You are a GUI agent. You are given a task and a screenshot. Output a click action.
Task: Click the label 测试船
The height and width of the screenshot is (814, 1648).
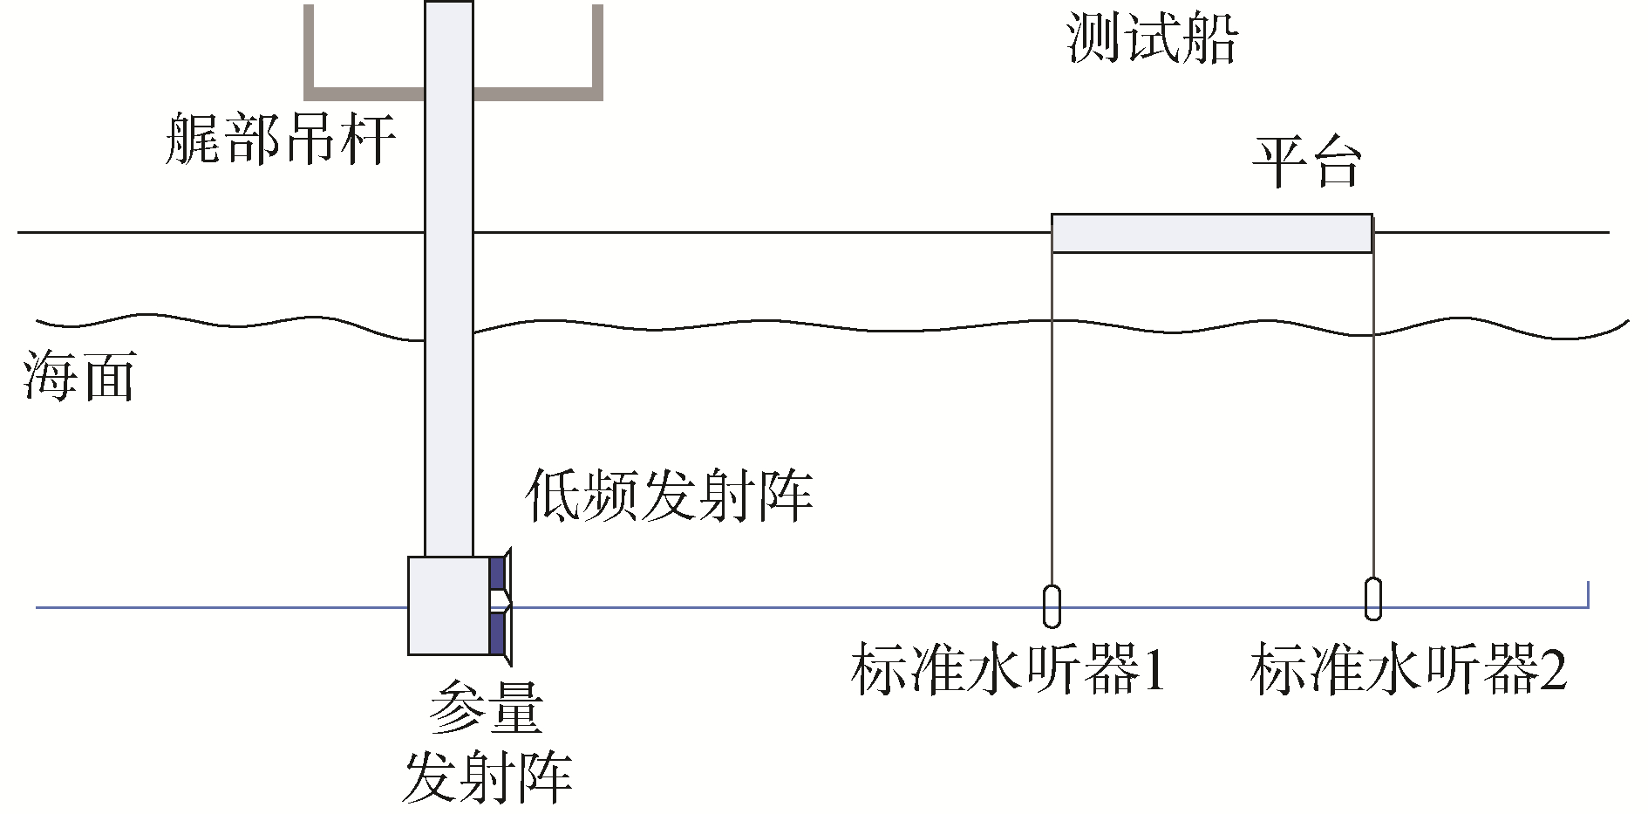(1151, 39)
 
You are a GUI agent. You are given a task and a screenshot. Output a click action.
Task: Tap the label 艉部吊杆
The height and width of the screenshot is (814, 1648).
(281, 140)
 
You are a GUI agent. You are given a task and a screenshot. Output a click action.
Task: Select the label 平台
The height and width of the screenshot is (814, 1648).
(1306, 162)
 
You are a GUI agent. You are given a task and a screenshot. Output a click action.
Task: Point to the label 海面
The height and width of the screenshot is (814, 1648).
(79, 377)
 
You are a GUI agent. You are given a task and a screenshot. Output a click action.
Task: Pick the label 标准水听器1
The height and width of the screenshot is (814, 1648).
(1007, 670)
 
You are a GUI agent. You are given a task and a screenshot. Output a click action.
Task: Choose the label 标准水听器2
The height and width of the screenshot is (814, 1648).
(1407, 670)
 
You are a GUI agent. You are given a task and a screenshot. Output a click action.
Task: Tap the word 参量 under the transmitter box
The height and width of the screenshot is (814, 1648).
(487, 708)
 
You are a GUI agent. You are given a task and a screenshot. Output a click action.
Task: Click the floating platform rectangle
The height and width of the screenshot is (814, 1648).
(1211, 234)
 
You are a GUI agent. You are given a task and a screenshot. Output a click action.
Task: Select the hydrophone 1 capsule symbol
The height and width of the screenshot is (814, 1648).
(1052, 605)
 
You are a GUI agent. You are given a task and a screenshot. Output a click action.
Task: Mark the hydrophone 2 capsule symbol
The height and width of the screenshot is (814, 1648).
(1373, 599)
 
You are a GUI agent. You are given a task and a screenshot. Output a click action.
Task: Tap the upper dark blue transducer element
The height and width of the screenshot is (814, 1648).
(497, 572)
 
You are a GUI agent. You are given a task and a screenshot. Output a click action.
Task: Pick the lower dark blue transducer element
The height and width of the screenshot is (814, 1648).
(497, 633)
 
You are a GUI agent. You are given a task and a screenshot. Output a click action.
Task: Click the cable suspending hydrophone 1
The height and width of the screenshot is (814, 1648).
(1052, 419)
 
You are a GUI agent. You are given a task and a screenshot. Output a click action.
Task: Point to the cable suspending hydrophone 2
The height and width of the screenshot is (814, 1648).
(1373, 419)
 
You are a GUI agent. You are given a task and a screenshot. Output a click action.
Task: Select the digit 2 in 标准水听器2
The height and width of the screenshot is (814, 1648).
(1552, 670)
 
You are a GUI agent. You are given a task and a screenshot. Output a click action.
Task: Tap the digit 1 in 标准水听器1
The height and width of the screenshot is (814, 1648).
(1153, 670)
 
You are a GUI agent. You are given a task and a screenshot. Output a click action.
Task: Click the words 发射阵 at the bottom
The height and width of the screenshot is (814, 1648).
(487, 776)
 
